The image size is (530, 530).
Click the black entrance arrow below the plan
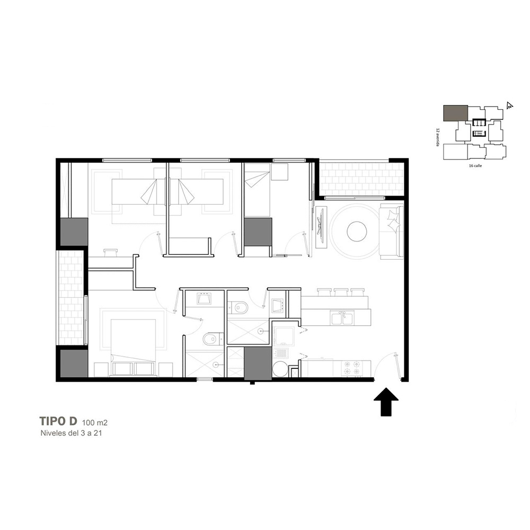386,402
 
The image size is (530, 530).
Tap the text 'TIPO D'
58,421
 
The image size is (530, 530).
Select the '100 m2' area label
95,422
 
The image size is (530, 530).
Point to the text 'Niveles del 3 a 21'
71,433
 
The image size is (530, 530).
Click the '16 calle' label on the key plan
475,165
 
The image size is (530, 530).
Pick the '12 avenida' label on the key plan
438,137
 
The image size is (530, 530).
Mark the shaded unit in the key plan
456,113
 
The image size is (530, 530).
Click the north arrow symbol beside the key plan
509,105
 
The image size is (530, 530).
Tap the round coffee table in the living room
357,231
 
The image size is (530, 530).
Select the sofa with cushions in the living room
392,231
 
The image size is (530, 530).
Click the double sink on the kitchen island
342,318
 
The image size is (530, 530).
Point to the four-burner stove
351,368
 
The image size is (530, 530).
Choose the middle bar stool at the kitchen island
341,292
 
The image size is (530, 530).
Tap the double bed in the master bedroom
134,348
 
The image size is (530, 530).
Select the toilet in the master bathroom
211,339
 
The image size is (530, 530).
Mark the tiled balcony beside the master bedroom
72,297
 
